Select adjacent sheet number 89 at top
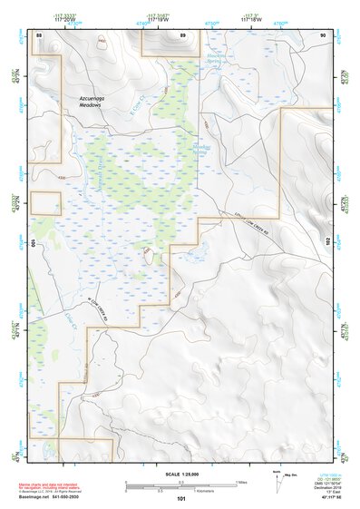coord(182,34)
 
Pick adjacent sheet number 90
coord(322,34)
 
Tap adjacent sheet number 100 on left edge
coord(33,244)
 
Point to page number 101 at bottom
coord(181,498)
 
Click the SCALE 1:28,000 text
coord(181,474)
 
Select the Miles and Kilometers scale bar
coord(181,485)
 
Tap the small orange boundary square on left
coord(44,203)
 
